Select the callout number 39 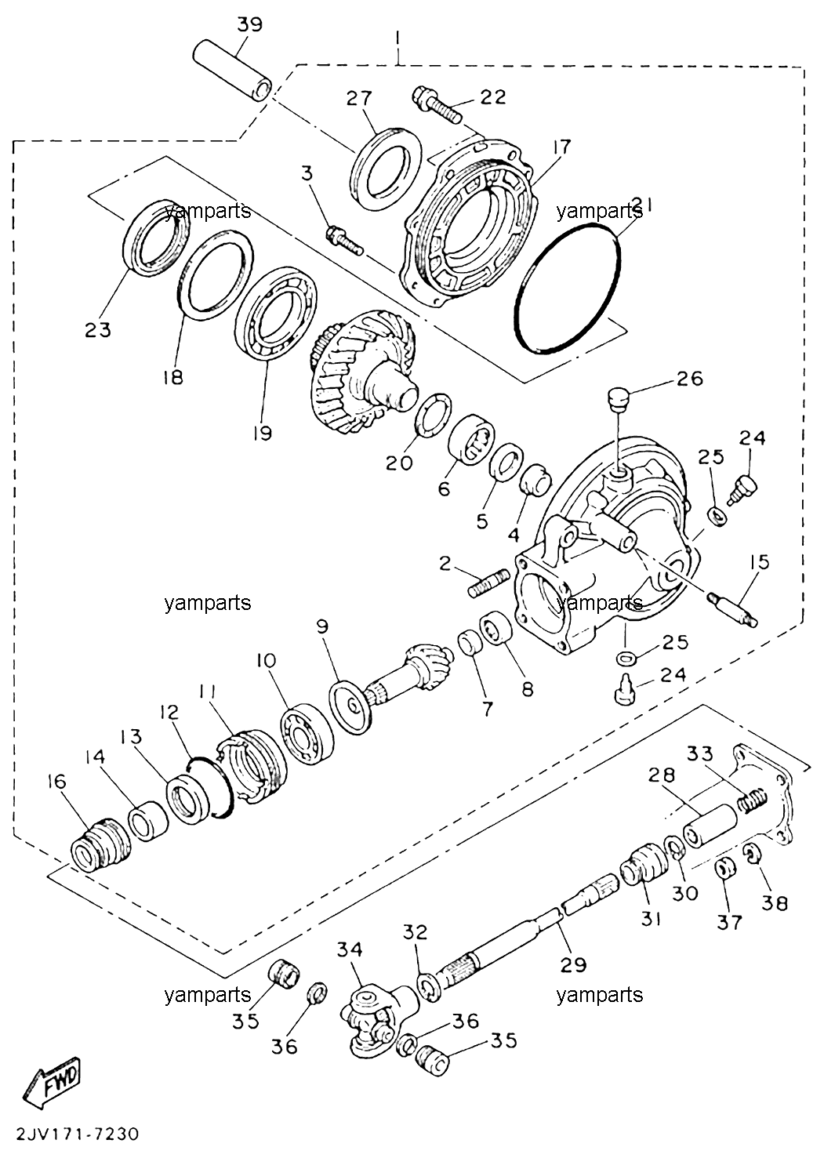point(249,25)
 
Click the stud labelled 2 point(489,583)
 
